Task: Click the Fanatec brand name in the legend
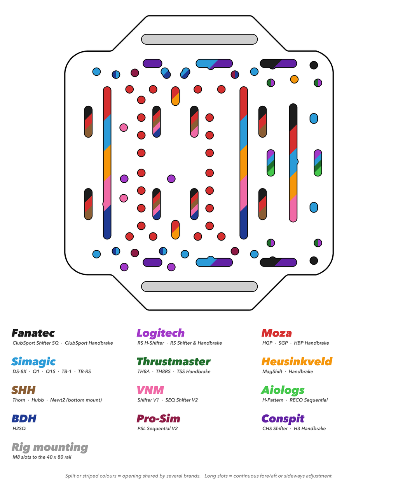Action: tap(33, 333)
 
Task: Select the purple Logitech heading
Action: tap(161, 333)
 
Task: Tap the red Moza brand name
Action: tap(276, 333)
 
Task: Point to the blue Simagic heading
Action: tap(33, 362)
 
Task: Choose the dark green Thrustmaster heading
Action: tap(173, 361)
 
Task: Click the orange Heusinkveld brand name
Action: tap(297, 361)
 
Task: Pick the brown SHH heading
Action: tap(23, 390)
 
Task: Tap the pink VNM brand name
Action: tap(150, 390)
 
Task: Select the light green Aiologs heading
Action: tap(283, 391)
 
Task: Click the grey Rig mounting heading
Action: tap(50, 448)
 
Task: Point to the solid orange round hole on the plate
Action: tap(294, 79)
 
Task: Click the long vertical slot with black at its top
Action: tap(293, 162)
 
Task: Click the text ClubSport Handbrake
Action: tap(89, 343)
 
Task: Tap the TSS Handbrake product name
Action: tap(194, 372)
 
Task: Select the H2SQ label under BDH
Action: tap(19, 428)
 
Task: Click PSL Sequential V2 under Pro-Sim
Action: tap(157, 428)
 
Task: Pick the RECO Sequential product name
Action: tap(309, 400)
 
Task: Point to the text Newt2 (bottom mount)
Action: tap(76, 400)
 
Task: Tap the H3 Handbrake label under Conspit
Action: tap(310, 428)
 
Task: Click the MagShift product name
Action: tap(272, 372)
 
